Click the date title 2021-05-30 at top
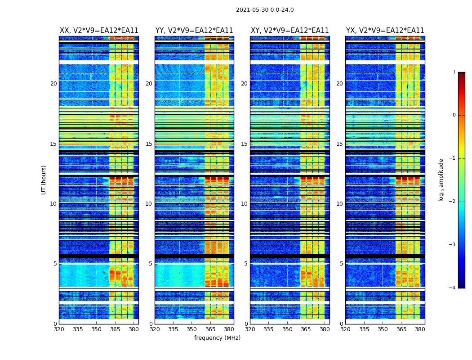265,10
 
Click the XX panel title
99,31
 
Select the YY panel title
194,31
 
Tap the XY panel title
289,31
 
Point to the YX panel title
385,31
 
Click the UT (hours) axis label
44,180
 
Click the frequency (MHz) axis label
217,338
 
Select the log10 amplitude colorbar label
441,180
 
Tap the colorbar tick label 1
454,72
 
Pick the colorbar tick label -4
453,288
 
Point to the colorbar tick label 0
454,115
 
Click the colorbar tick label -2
453,202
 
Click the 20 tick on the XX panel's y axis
53,84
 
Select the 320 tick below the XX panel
59,329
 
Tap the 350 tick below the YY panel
192,329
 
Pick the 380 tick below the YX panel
420,329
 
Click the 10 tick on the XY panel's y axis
244,204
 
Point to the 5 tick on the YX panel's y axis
341,264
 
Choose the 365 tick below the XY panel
306,329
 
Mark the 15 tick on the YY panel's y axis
149,144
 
